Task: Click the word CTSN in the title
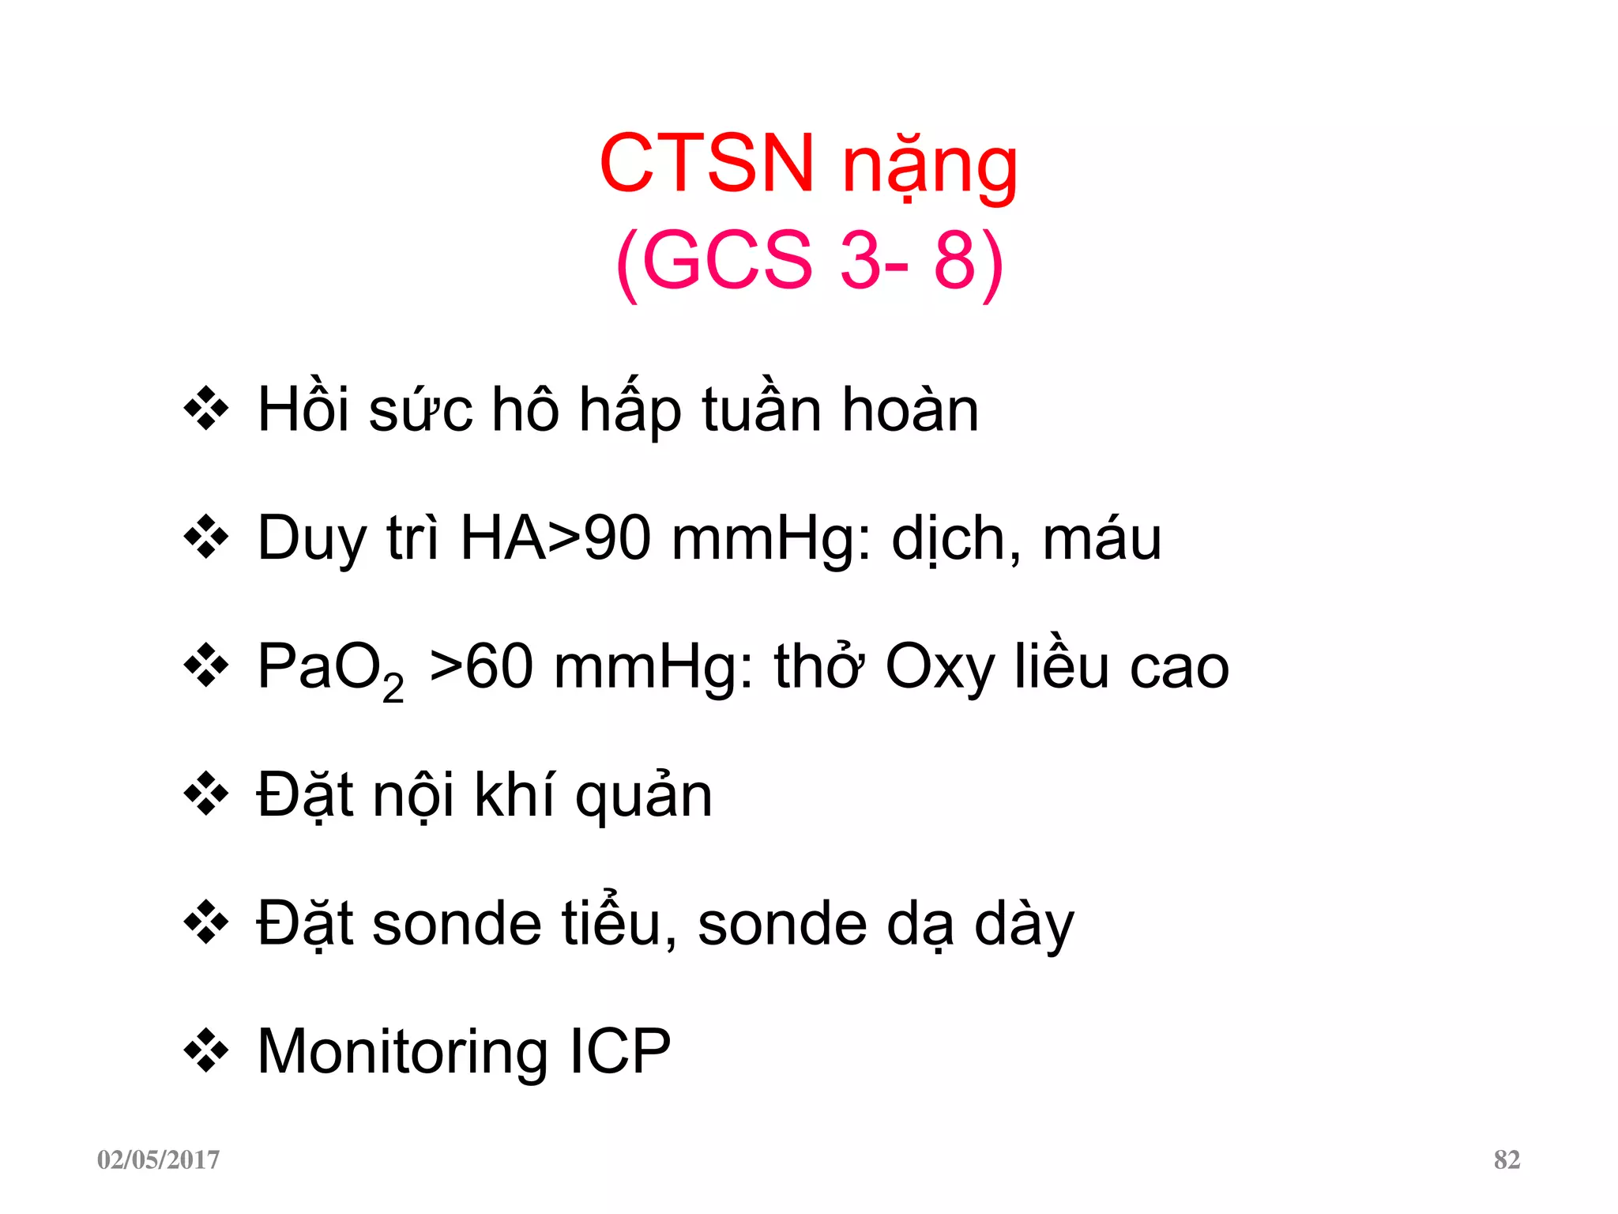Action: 706,164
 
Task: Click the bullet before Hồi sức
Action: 206,409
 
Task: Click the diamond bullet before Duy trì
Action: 206,537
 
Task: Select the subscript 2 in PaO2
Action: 393,689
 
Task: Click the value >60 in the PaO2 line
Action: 481,667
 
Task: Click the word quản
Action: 643,797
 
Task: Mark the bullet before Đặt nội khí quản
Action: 206,794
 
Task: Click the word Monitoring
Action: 402,1053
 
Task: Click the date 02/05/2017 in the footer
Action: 158,1159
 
